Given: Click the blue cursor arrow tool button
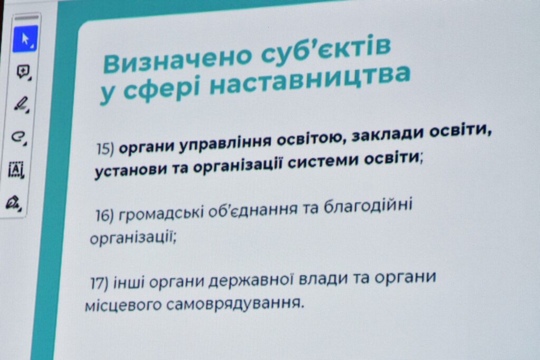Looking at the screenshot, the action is [x=25, y=39].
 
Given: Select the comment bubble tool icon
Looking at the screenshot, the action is [x=23, y=72].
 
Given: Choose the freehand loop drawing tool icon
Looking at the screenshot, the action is [x=18, y=137].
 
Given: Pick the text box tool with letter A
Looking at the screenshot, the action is [x=16, y=170].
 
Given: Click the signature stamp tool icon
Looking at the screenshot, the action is [x=14, y=203].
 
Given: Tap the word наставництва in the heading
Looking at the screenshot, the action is [x=310, y=81].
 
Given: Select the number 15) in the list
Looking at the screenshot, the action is [x=105, y=149].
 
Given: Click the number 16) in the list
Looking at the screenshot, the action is [x=104, y=216].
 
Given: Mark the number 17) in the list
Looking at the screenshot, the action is [x=99, y=284].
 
